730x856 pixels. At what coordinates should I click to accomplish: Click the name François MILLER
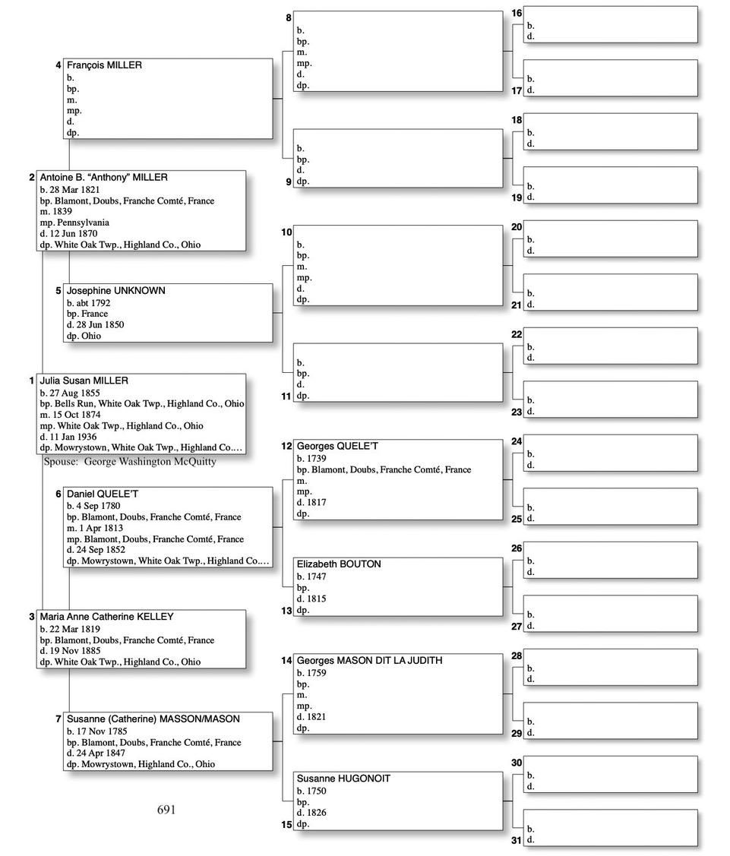pyautogui.click(x=104, y=65)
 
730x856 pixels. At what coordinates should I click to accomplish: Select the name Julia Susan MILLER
pyautogui.click(x=84, y=381)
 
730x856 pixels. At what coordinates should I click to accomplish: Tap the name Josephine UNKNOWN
pyautogui.click(x=115, y=291)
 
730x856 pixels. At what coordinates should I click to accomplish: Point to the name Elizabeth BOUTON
pyautogui.click(x=339, y=564)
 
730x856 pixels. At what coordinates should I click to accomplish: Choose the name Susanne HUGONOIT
pyautogui.click(x=343, y=779)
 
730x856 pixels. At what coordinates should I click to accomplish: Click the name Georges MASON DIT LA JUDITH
pyautogui.click(x=369, y=661)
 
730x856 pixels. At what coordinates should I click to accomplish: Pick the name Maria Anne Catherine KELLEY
pyautogui.click(x=107, y=617)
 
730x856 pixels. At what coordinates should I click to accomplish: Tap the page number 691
pyautogui.click(x=166, y=810)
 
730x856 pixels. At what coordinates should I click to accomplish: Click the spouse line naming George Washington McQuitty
pyautogui.click(x=130, y=461)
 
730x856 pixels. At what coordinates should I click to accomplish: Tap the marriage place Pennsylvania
pyautogui.click(x=81, y=223)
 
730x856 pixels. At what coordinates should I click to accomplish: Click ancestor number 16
pyautogui.click(x=517, y=14)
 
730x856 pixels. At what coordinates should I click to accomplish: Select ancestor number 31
pyautogui.click(x=517, y=840)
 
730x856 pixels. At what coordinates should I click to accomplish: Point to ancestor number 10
pyautogui.click(x=286, y=232)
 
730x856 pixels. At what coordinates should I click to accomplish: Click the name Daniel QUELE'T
pyautogui.click(x=103, y=494)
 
